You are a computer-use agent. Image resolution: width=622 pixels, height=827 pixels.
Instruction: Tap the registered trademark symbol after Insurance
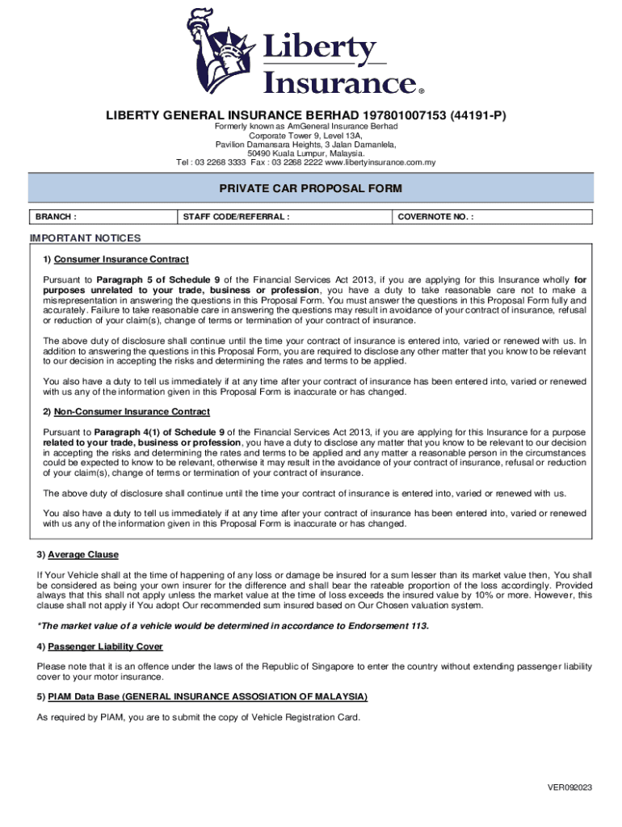(421, 90)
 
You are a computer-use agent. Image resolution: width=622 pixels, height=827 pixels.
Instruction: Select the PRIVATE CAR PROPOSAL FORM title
(310, 188)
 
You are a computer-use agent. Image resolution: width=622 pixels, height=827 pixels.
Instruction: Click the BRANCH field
(102, 216)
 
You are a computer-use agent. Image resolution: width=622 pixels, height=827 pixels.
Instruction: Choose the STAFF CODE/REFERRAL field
(284, 216)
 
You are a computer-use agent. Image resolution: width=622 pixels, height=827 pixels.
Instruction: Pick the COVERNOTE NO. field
(493, 216)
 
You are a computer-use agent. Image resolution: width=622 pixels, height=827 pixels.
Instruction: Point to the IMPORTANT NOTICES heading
(85, 238)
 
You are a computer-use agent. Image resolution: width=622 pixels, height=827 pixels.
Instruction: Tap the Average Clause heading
(83, 555)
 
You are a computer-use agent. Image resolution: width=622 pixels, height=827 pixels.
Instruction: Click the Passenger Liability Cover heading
(105, 646)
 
